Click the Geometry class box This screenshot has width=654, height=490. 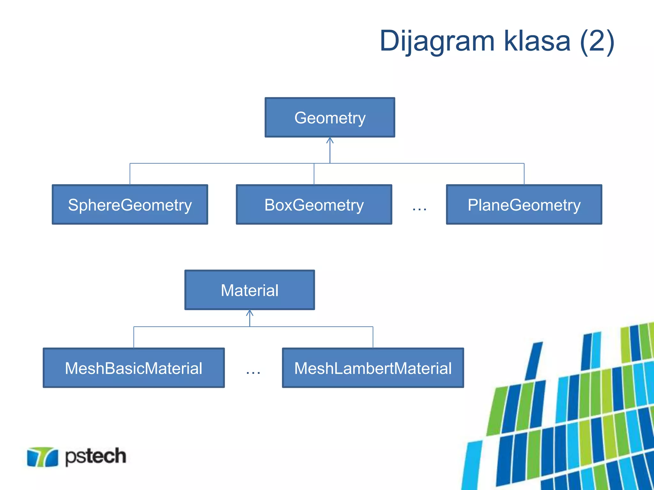[x=330, y=117]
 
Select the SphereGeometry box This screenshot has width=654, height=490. [x=130, y=204]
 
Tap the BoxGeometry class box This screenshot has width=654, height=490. [x=314, y=204]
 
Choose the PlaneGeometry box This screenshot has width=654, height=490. [x=524, y=204]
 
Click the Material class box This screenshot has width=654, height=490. [x=250, y=290]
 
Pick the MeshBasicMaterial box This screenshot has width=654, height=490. [x=134, y=368]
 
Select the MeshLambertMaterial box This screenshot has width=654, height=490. [x=373, y=368]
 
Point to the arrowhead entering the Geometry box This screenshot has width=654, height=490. [x=330, y=140]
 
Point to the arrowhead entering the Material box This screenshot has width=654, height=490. [x=250, y=313]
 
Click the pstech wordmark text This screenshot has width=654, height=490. [x=95, y=456]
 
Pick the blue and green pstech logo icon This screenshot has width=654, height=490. [x=42, y=457]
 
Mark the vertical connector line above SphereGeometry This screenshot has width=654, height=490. [x=130, y=174]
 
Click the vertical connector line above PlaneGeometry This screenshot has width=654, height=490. [x=524, y=174]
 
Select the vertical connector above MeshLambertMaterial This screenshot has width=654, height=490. [x=373, y=337]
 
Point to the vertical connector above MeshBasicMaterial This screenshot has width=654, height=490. [x=134, y=337]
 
